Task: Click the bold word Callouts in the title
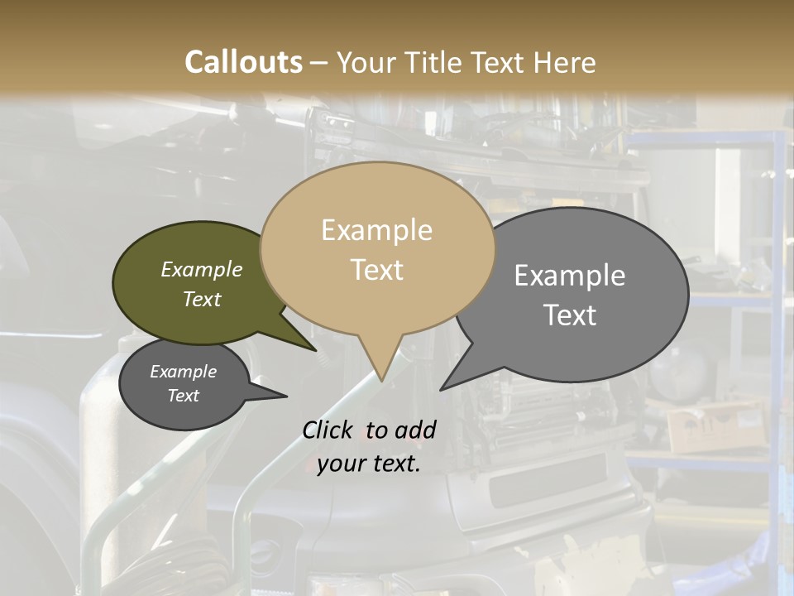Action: pyautogui.click(x=243, y=62)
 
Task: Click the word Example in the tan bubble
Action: pyautogui.click(x=376, y=230)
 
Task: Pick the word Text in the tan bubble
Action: pyautogui.click(x=376, y=270)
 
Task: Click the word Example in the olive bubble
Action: pyautogui.click(x=202, y=269)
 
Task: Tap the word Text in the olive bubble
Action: pyautogui.click(x=202, y=299)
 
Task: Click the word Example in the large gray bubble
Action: pyautogui.click(x=570, y=276)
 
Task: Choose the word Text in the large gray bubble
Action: pyautogui.click(x=570, y=315)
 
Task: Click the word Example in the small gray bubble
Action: pyautogui.click(x=183, y=372)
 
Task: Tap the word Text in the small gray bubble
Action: pyautogui.click(x=183, y=396)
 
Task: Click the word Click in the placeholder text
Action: pyautogui.click(x=329, y=430)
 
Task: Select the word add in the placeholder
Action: pyautogui.click(x=415, y=430)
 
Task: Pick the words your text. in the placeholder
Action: pyautogui.click(x=369, y=464)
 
